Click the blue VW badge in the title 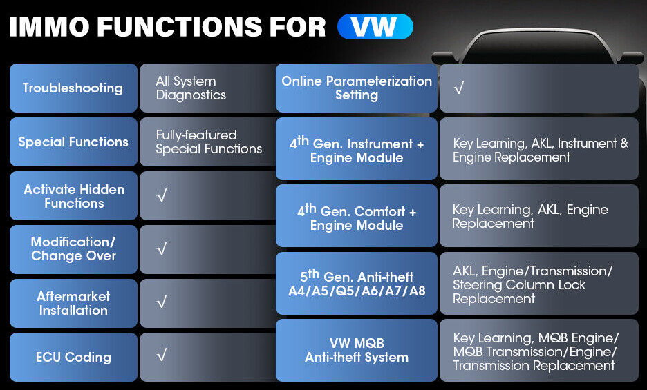[x=375, y=27]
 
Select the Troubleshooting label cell [x=73, y=88]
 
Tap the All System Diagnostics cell [x=208, y=88]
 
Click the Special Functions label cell [x=73, y=142]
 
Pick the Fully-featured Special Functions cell [x=208, y=142]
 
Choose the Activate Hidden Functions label [x=73, y=196]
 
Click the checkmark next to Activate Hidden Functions [x=162, y=195]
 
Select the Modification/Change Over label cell [x=73, y=249]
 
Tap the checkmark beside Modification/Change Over [x=162, y=248]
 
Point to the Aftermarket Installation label [x=73, y=304]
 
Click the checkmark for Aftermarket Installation [x=162, y=302]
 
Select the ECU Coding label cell [x=73, y=357]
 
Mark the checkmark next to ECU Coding [x=162, y=355]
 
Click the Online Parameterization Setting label [x=357, y=88]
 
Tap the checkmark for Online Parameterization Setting [x=459, y=88]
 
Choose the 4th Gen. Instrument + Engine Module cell [x=357, y=149]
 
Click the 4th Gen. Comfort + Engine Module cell [x=357, y=215]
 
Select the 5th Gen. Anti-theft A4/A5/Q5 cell [x=357, y=283]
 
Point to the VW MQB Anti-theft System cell [x=357, y=351]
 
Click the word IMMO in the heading [x=49, y=27]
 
